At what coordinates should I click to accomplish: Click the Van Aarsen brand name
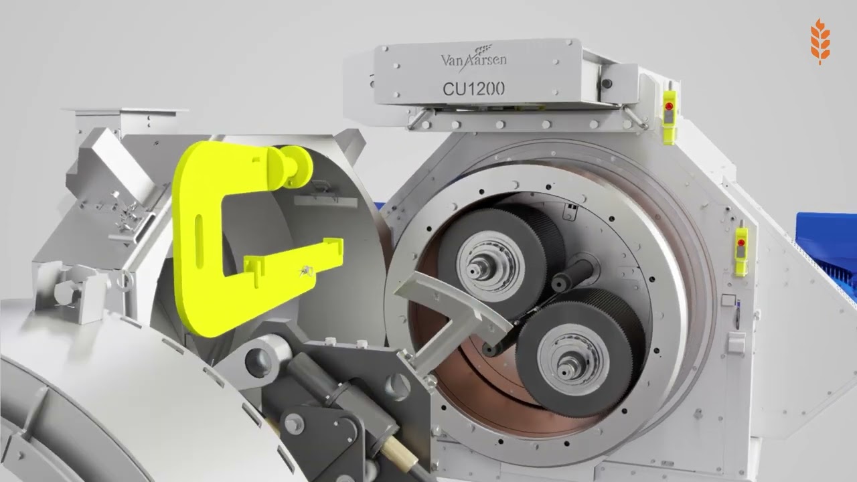[473, 60]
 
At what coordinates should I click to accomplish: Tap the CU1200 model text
[473, 89]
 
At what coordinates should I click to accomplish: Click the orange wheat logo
[820, 42]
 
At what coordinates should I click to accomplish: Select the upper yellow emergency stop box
[669, 117]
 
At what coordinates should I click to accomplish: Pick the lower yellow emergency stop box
[741, 251]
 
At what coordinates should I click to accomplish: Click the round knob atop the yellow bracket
[295, 167]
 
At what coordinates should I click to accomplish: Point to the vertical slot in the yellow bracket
[199, 241]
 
